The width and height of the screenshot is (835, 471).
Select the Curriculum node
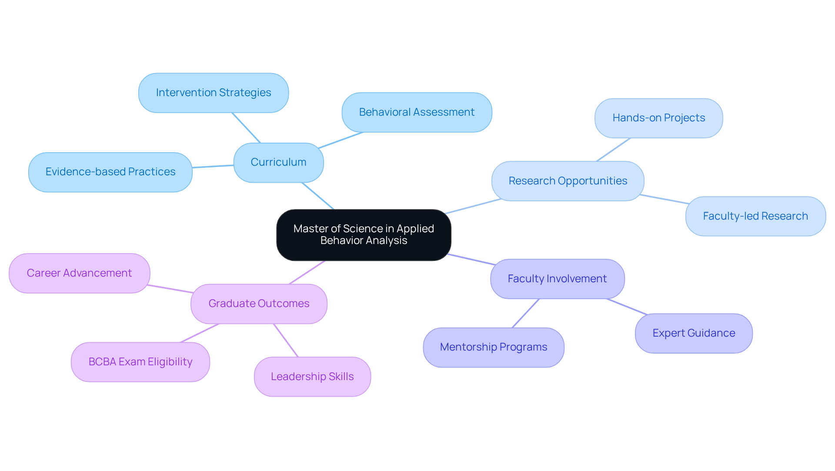tap(278, 162)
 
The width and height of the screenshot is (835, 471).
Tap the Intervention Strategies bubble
tap(213, 93)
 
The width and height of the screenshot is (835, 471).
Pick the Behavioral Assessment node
tap(417, 112)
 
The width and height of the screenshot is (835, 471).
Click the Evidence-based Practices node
tap(110, 172)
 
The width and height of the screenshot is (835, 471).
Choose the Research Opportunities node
tap(568, 181)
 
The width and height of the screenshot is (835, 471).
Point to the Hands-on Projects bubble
tap(658, 118)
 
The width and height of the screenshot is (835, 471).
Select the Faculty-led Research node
tap(755, 216)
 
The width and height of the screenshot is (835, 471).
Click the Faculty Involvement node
tap(557, 279)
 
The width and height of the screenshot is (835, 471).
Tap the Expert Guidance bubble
tap(694, 333)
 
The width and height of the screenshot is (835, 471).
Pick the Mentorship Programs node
tap(493, 347)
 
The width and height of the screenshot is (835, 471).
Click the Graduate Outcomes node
tap(259, 304)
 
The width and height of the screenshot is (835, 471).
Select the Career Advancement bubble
tap(79, 273)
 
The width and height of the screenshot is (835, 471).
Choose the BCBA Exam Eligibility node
tap(140, 362)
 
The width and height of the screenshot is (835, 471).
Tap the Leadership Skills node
tap(312, 377)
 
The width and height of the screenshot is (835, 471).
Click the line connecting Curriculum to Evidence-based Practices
tap(213, 166)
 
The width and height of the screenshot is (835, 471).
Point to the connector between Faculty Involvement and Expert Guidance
tap(627, 306)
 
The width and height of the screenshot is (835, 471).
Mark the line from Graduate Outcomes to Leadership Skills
tap(286, 340)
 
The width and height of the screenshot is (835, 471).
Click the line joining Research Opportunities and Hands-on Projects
tap(613, 150)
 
